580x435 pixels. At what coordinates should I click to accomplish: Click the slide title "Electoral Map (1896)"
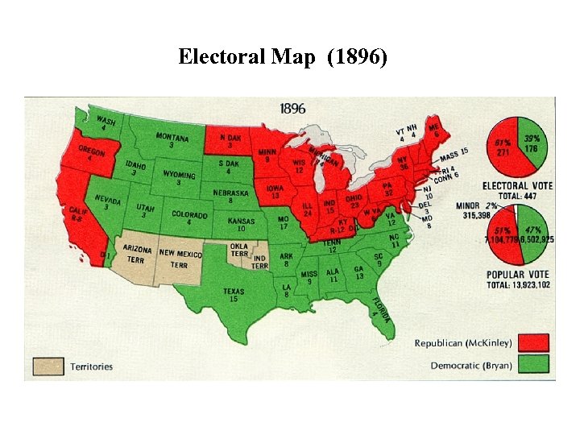click(283, 57)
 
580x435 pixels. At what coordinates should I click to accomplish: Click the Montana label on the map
click(172, 140)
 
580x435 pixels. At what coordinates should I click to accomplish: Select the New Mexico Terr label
click(180, 258)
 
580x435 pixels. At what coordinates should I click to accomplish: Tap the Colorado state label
click(190, 217)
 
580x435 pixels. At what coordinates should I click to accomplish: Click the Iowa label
click(275, 191)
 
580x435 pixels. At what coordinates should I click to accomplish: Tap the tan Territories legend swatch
click(48, 366)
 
